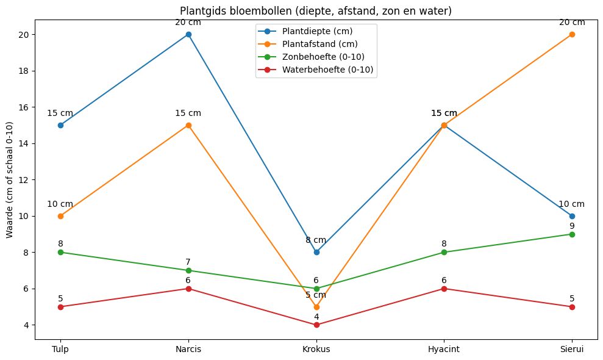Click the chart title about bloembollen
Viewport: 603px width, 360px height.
(315, 12)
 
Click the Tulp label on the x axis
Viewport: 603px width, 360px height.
(60, 349)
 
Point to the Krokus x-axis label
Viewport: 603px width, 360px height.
(316, 349)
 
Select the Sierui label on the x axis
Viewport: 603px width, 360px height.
(572, 349)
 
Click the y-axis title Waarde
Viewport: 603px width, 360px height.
(9, 180)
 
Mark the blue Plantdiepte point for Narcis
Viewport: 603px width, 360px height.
(188, 34)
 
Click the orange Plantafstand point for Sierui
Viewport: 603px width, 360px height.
(572, 34)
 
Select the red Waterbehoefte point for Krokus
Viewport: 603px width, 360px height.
(316, 325)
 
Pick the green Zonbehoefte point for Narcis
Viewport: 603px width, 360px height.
(188, 270)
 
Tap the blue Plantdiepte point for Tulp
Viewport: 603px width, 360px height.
(60, 125)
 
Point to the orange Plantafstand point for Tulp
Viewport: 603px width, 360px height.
(60, 216)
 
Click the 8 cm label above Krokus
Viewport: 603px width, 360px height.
(316, 240)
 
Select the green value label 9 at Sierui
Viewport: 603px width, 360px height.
(572, 226)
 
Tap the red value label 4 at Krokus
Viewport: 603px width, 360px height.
(316, 317)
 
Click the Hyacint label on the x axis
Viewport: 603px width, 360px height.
(444, 349)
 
